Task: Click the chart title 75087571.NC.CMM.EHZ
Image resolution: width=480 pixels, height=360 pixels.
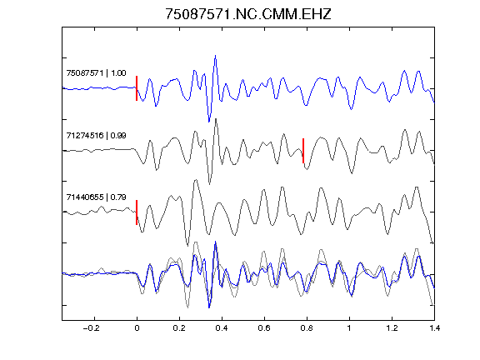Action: click(x=248, y=14)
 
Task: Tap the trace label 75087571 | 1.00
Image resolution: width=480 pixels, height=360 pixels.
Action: click(x=96, y=72)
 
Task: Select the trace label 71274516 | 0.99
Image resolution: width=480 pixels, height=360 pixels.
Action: click(x=96, y=135)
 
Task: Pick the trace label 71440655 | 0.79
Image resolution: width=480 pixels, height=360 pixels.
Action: click(x=96, y=197)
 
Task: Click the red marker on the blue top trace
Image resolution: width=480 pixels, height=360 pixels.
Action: click(x=137, y=88)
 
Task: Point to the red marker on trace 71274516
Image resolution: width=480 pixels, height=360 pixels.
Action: click(x=303, y=151)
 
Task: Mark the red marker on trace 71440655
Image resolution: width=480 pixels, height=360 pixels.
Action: click(x=137, y=212)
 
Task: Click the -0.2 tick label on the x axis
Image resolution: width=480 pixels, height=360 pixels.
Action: click(x=92, y=328)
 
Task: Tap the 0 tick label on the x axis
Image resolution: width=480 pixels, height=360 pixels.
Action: click(x=137, y=328)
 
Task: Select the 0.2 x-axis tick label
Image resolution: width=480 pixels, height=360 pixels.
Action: click(x=179, y=328)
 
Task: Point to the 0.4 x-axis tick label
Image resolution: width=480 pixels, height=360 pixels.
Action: click(x=222, y=328)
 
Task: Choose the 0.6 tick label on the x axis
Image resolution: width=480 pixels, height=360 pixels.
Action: click(x=264, y=328)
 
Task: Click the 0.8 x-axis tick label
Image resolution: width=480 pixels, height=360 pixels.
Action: click(x=307, y=328)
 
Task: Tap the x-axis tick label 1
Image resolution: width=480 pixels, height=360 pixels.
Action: click(x=349, y=328)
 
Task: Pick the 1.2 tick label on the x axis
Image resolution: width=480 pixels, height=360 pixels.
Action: click(x=392, y=328)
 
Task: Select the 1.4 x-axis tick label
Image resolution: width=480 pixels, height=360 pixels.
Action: click(x=434, y=328)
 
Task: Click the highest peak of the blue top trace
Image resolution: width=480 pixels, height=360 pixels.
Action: click(x=216, y=56)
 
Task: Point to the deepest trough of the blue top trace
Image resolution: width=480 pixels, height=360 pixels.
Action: click(x=209, y=122)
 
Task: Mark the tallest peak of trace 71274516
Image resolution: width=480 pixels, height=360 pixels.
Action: click(x=216, y=119)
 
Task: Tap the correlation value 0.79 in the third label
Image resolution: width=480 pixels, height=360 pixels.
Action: click(x=118, y=197)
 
